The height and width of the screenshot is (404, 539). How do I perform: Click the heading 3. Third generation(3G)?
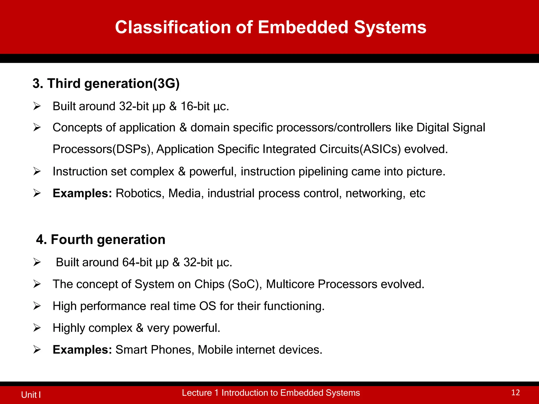pyautogui.click(x=106, y=83)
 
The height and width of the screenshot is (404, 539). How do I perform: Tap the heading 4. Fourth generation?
pyautogui.click(x=101, y=240)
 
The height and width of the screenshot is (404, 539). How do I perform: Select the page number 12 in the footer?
pyautogui.click(x=515, y=393)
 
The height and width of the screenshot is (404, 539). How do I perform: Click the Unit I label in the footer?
pyautogui.click(x=31, y=395)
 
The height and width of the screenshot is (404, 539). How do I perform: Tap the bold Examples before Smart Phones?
pyautogui.click(x=82, y=350)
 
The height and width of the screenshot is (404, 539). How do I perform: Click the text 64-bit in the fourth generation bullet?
pyautogui.click(x=137, y=262)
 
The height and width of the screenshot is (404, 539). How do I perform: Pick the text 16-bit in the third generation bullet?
pyautogui.click(x=195, y=107)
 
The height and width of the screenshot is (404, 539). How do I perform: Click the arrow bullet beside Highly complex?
pyautogui.click(x=37, y=328)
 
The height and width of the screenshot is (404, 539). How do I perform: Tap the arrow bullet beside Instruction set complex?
pyautogui.click(x=37, y=171)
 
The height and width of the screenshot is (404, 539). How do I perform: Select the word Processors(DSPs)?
pyautogui.click(x=103, y=149)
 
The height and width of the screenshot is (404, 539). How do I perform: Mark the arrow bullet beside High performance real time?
pyautogui.click(x=37, y=306)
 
